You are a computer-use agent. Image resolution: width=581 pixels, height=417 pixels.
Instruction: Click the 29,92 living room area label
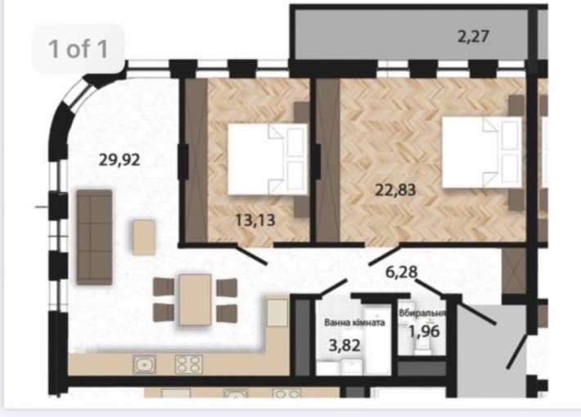pyautogui.click(x=120, y=160)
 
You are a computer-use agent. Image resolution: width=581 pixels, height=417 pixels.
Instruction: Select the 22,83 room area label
pyautogui.click(x=396, y=190)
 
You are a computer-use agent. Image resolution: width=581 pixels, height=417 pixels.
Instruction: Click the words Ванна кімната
pyautogui.click(x=354, y=322)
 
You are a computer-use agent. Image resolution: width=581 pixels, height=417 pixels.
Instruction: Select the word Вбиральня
pyautogui.click(x=422, y=313)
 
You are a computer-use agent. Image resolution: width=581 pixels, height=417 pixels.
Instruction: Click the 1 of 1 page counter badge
pyautogui.click(x=78, y=48)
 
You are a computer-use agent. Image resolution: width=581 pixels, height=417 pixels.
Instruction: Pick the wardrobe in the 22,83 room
pyautogui.click(x=327, y=160)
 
